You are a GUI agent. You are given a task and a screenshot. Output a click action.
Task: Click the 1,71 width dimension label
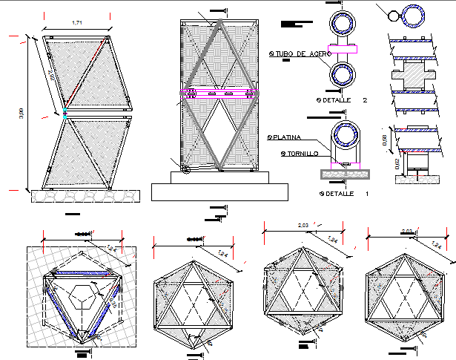pos(77,24)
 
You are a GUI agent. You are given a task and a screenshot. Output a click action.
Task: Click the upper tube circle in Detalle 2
pos(344,24)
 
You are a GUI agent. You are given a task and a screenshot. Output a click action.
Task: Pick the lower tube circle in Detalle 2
pos(344,75)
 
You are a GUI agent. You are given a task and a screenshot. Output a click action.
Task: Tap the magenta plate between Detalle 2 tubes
pos(344,49)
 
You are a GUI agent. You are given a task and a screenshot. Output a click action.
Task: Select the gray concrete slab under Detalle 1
pos(344,173)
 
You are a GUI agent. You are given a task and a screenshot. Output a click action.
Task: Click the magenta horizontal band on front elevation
pos(220,94)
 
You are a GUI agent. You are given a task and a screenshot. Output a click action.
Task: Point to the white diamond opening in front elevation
pos(220,134)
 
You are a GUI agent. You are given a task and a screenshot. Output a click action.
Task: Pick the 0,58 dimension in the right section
pos(384,141)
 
